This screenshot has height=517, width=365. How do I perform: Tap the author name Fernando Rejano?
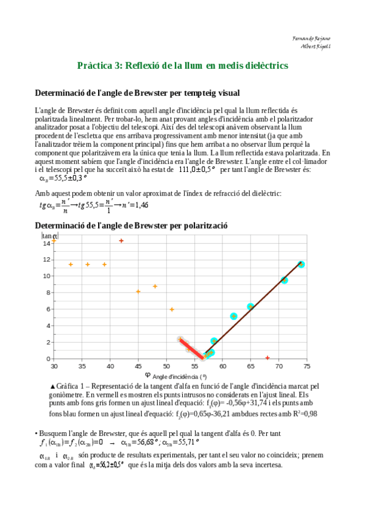311,38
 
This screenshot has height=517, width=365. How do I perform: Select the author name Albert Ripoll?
315,45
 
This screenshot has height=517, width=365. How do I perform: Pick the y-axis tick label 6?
48,309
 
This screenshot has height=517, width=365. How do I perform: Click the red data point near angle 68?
268,357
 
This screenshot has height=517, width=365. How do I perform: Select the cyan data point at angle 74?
301,264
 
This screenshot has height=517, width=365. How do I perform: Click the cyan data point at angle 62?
234,316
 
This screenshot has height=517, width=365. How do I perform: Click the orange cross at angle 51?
172,310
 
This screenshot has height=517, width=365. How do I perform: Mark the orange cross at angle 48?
155,286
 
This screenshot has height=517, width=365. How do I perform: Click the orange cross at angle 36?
88,265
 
